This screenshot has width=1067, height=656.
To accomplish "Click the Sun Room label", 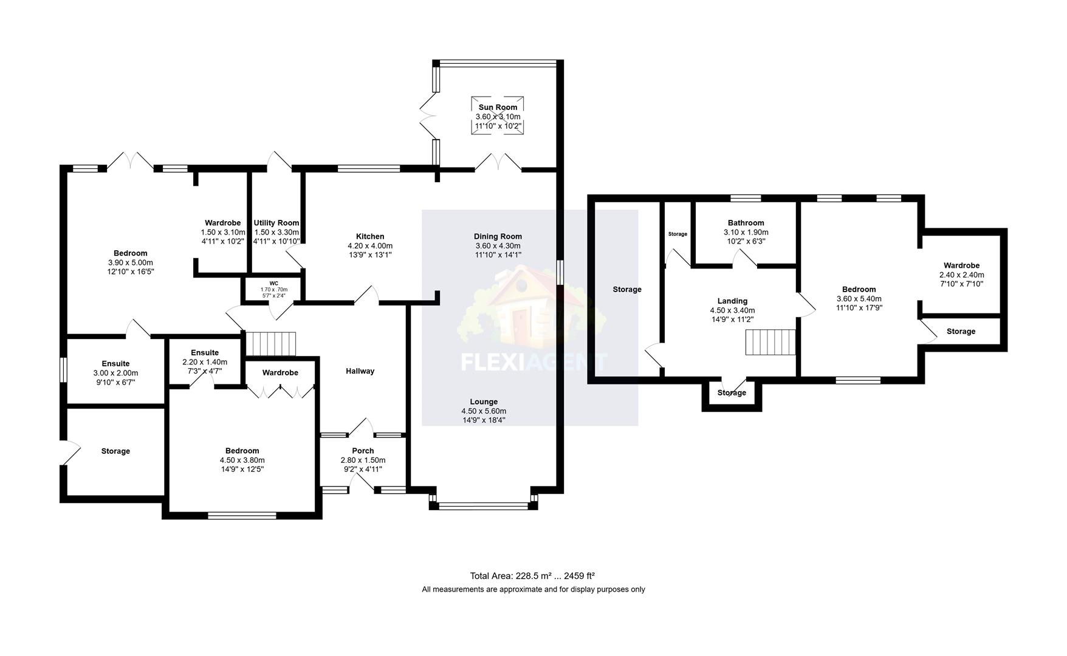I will point(498,108).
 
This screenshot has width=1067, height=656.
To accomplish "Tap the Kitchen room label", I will point(370,236).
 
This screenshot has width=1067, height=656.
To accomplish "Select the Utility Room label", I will point(276,223).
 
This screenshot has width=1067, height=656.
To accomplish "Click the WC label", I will point(274,283).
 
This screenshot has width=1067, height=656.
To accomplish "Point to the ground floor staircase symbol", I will point(270,343).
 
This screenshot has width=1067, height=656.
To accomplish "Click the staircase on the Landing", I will point(770,342).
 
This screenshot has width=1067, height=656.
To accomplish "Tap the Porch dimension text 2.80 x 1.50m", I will point(363,460).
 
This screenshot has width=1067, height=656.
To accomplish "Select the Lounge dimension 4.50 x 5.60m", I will point(484,411).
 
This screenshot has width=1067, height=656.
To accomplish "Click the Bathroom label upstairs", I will point(746,223).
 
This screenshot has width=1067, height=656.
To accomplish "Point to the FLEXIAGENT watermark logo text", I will point(533,363).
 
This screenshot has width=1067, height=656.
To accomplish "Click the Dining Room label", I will point(498,236).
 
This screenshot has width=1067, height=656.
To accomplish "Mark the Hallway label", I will point(360,371).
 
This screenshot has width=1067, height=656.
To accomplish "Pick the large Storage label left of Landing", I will point(626,290).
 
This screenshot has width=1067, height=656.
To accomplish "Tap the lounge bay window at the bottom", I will point(484,504).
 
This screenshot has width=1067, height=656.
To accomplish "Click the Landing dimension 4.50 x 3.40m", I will point(732,310).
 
